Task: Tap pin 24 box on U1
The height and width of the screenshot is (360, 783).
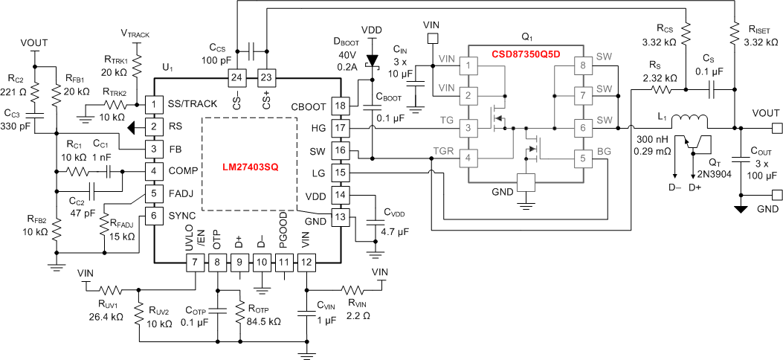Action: point(236,77)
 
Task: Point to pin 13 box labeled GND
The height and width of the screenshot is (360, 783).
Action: point(340,217)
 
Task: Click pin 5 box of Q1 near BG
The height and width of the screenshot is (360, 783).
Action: point(582,158)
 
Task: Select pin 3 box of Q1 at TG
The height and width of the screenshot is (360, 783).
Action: point(468,127)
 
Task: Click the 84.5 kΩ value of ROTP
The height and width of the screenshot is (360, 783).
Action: point(265,322)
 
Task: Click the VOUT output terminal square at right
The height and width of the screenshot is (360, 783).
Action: point(776,127)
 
